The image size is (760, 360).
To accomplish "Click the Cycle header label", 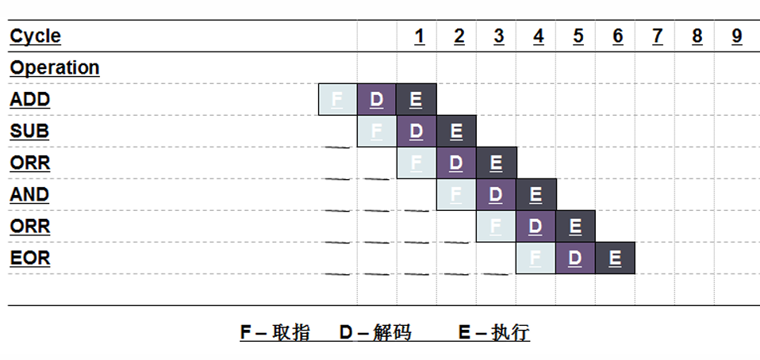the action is (35, 36).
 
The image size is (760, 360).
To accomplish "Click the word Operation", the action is (55, 67).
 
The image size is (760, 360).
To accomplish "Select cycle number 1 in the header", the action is (419, 36).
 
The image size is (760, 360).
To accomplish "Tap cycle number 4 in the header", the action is (539, 36).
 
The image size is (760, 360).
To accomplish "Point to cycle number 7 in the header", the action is (657, 36).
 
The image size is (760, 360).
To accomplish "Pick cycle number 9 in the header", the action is (737, 36).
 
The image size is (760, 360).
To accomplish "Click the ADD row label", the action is (30, 100).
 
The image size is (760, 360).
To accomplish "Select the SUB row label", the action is (29, 131).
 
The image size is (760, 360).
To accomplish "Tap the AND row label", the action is (29, 194).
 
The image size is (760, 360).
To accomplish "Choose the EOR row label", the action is (30, 258).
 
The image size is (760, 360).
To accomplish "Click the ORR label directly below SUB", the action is (30, 163).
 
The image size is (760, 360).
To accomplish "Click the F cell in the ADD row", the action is (337, 100).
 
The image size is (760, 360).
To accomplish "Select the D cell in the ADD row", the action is (377, 100).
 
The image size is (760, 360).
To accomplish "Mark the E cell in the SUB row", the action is (456, 132).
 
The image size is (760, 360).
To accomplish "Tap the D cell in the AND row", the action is (496, 195).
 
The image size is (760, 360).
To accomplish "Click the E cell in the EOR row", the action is (615, 259).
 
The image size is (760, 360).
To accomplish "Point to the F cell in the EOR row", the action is (535, 259).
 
